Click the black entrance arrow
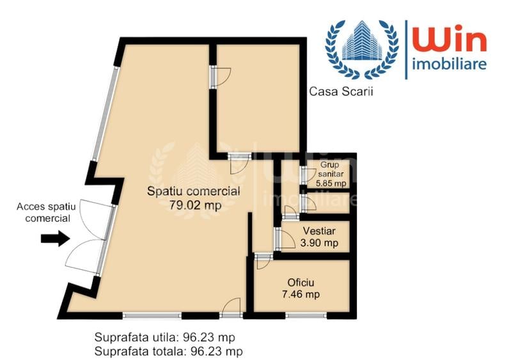click(54, 239)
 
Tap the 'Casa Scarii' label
click(341, 91)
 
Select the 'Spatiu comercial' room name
click(193, 191)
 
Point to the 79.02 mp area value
click(193, 205)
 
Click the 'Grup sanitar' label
click(332, 169)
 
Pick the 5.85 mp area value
click(332, 182)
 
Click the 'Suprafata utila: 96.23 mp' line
click(168, 337)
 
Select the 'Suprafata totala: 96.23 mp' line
click(168, 350)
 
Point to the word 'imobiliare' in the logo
click(450, 64)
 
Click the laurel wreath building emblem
click(361, 49)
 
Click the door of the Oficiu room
click(262, 262)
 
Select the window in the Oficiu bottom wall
click(306, 315)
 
